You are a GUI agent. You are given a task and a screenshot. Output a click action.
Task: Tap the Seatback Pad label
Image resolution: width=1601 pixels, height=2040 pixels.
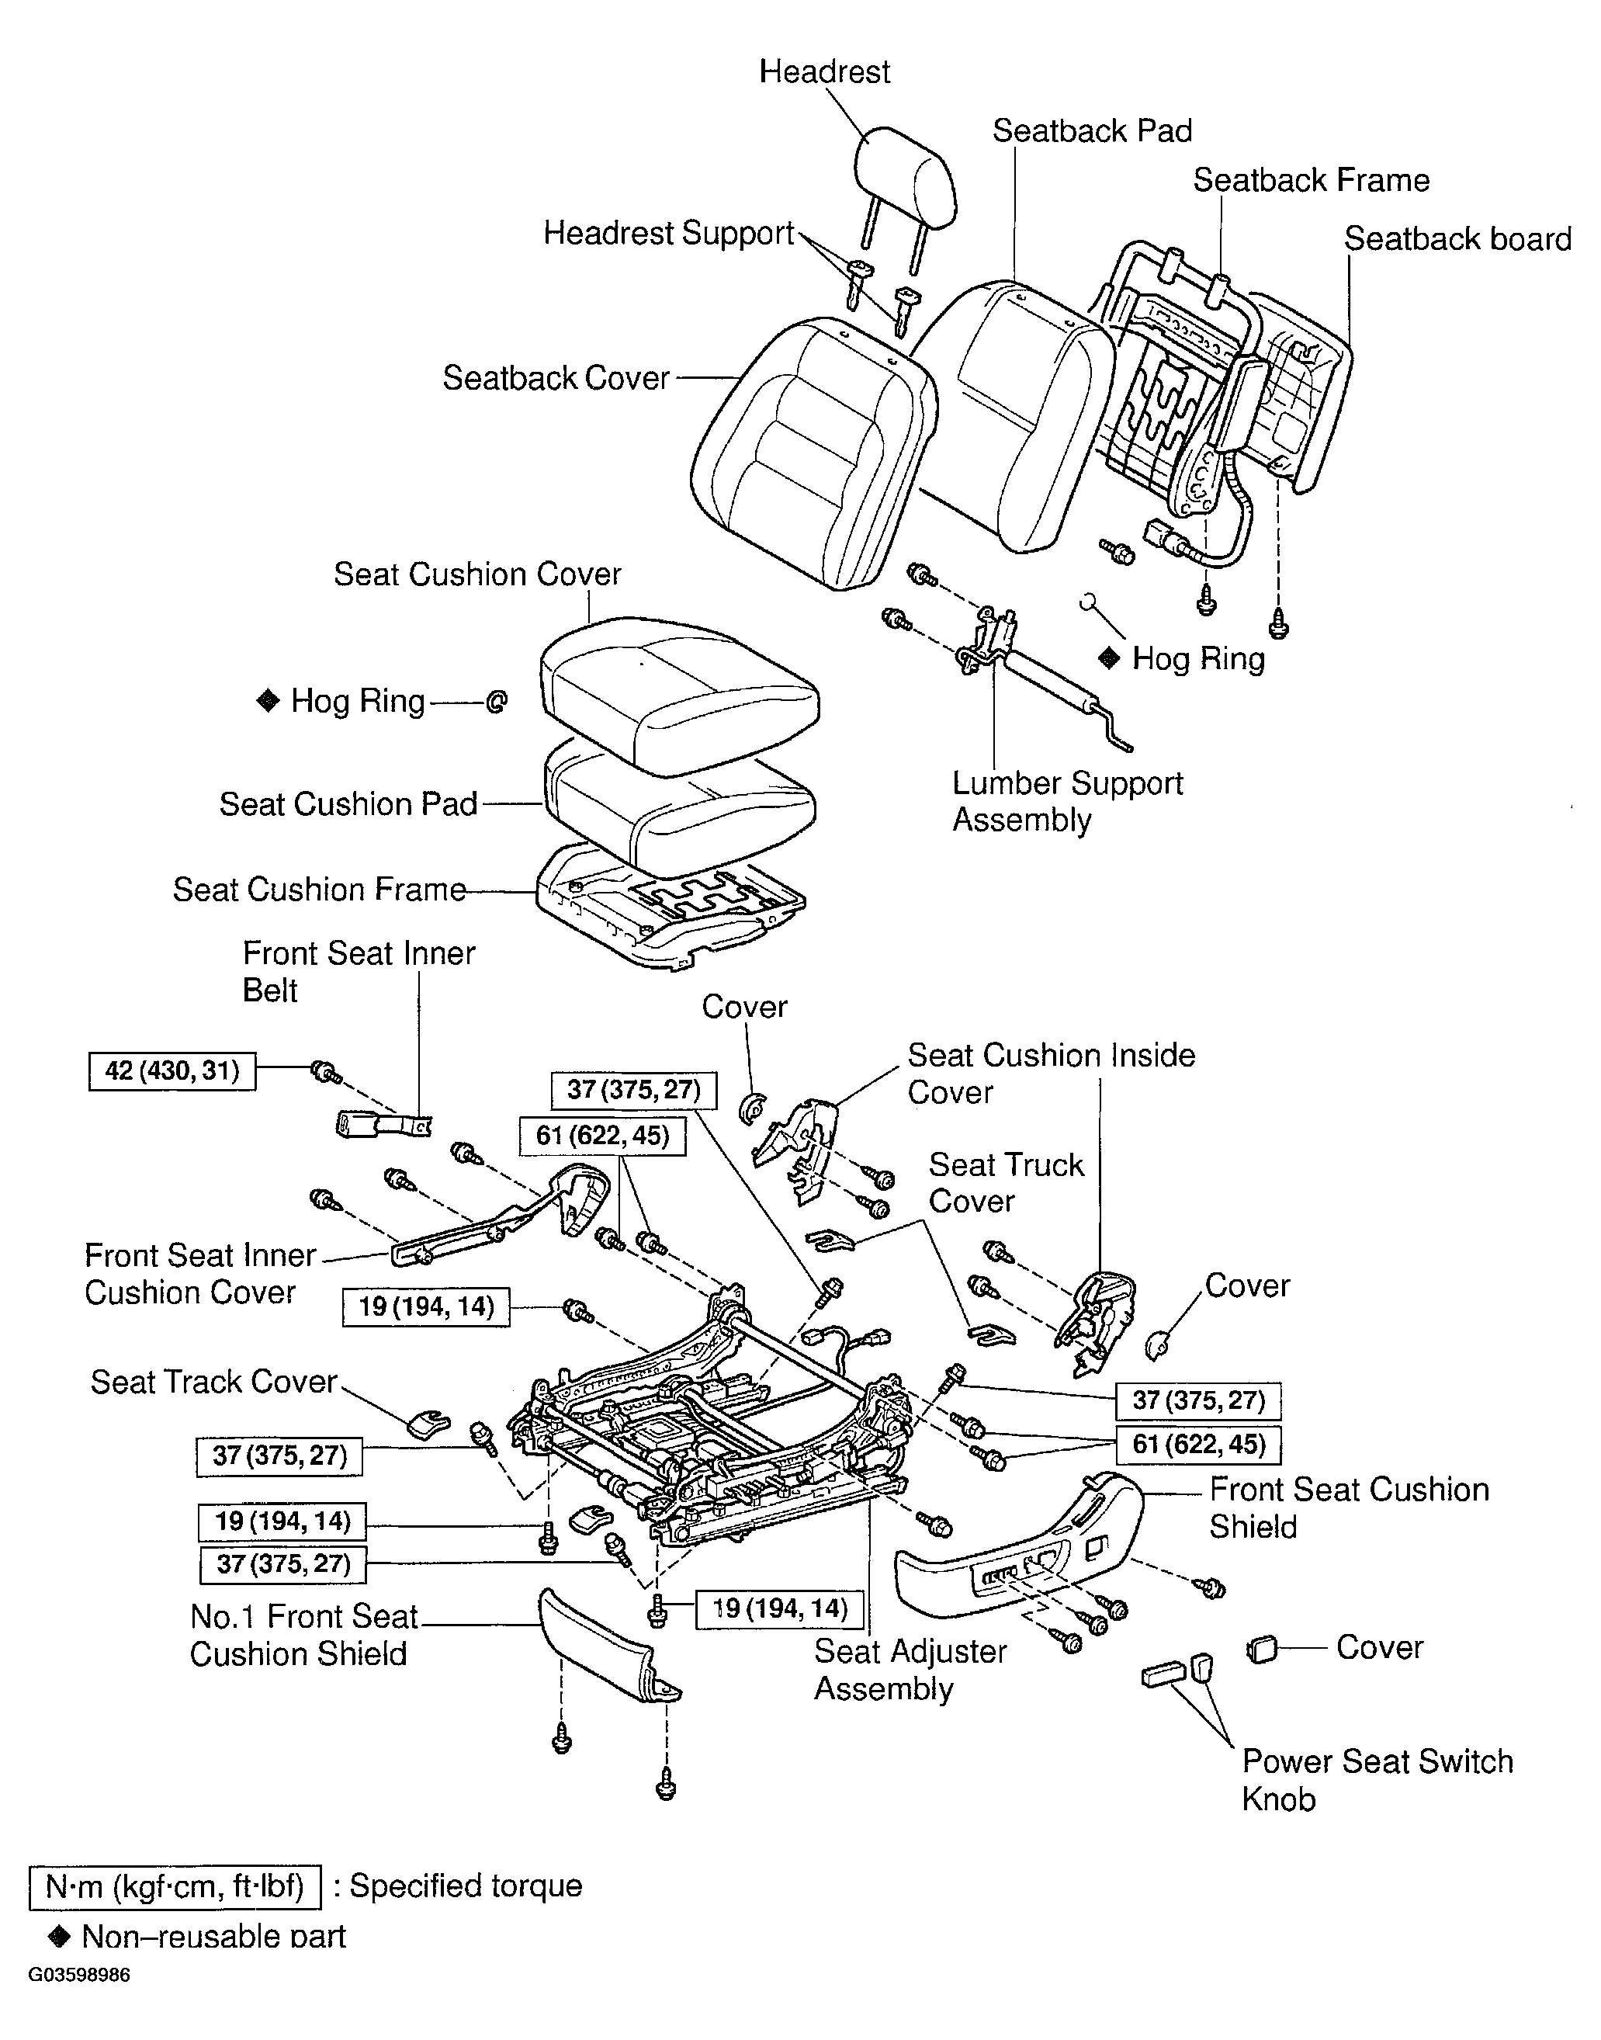click(x=1092, y=131)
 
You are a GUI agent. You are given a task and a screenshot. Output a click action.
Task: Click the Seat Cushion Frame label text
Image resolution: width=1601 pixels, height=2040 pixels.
click(x=319, y=890)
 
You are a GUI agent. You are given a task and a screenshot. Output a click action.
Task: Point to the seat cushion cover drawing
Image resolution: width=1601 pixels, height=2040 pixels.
click(x=680, y=694)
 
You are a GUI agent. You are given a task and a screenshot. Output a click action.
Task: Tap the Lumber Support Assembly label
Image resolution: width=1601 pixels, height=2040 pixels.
click(x=1067, y=802)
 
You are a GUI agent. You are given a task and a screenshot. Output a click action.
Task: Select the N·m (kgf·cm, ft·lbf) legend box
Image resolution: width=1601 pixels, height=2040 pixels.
click(x=175, y=1887)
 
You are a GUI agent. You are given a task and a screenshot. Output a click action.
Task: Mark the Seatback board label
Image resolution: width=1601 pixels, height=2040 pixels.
click(x=1457, y=239)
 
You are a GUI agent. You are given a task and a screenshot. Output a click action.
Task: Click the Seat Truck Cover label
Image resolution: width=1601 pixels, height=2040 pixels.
click(x=1006, y=1183)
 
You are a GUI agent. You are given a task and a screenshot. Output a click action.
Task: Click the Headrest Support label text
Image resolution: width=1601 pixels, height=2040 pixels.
click(x=668, y=234)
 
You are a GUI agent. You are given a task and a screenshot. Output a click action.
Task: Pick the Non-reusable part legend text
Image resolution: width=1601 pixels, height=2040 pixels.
click(x=213, y=1936)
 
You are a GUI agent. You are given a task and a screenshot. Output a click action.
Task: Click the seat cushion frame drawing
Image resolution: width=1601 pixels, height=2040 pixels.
click(x=671, y=904)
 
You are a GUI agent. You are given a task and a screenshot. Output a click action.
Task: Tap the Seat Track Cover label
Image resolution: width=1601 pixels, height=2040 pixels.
click(x=213, y=1382)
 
